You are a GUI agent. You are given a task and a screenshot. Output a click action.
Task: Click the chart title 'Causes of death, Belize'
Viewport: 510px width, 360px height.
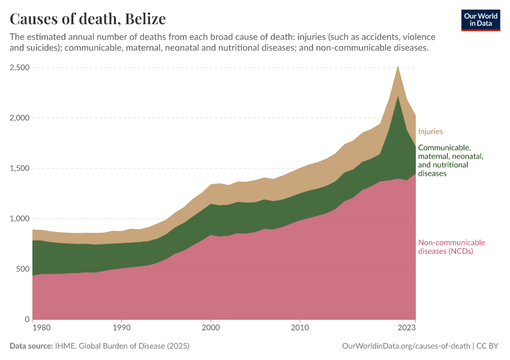88,19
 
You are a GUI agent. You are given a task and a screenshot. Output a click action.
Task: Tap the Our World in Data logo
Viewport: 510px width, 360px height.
480,20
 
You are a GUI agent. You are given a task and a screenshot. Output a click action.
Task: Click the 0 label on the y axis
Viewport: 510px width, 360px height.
26,319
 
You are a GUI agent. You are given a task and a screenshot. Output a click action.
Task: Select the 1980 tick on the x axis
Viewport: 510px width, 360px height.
41,328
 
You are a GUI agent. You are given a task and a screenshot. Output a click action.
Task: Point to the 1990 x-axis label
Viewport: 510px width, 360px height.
121,328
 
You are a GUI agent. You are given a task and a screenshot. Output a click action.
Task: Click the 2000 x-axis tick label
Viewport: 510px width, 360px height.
210,328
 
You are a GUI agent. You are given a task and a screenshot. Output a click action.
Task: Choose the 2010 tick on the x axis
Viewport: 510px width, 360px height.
299,328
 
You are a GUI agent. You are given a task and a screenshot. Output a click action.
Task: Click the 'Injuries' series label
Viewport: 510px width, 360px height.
430,131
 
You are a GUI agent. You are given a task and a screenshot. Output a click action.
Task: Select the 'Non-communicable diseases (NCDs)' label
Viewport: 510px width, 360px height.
451,247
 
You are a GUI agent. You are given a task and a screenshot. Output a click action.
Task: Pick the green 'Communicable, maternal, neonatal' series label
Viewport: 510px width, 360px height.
450,160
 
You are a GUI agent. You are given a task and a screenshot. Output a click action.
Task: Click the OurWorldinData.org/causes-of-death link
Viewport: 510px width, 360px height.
406,346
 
